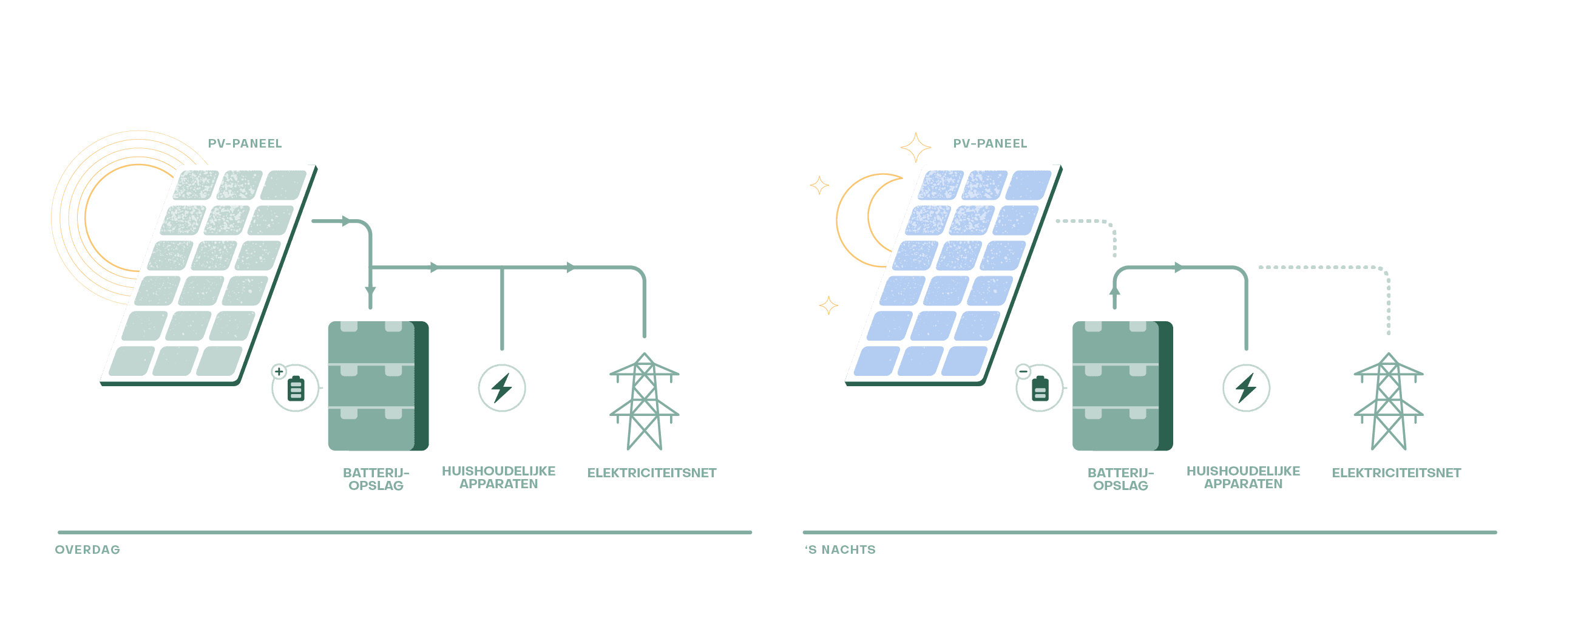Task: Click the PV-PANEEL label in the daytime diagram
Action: click(x=245, y=143)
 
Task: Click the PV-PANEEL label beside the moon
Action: click(x=990, y=143)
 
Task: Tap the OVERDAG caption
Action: click(x=87, y=550)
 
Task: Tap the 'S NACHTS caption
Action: click(x=841, y=550)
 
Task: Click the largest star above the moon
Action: click(x=916, y=148)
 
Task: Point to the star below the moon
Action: click(x=829, y=305)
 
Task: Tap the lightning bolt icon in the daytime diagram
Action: click(x=502, y=388)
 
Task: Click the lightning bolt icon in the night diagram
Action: click(x=1246, y=388)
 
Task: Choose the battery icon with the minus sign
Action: click(x=1040, y=389)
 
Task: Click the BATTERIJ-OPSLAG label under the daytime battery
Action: click(x=376, y=479)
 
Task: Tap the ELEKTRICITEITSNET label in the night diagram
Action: click(x=1396, y=473)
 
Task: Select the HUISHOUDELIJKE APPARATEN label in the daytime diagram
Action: click(x=499, y=477)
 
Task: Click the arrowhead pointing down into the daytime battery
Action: click(x=370, y=291)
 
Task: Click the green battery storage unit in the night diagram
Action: click(x=1121, y=386)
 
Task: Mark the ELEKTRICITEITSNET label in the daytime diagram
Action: click(x=652, y=473)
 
